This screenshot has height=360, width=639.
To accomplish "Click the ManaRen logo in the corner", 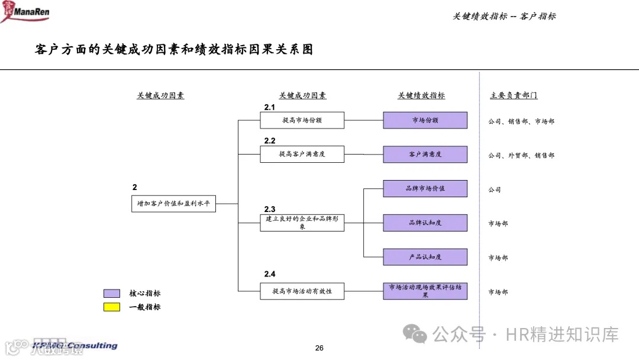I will tap(26, 11).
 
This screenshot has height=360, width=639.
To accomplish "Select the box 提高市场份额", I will tap(302, 120).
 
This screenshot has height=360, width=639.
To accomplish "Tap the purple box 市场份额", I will tap(425, 120).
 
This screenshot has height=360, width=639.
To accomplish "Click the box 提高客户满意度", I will tap(302, 155).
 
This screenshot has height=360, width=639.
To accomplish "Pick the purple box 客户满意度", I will tap(425, 155).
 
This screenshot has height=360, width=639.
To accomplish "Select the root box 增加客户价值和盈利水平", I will tap(173, 204).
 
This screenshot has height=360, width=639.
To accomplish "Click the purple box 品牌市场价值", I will tap(425, 189).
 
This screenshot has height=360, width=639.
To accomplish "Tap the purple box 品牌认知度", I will tap(425, 223).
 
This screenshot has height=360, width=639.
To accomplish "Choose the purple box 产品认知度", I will tap(425, 257).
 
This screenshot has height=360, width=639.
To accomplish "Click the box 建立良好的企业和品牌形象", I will tap(302, 223).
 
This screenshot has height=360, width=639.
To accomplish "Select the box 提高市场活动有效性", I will tap(302, 291).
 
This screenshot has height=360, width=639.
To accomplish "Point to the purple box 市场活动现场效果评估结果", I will tap(425, 291).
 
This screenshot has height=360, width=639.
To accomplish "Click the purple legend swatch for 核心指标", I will tap(112, 294).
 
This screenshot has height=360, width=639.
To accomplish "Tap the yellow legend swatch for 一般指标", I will tap(112, 307).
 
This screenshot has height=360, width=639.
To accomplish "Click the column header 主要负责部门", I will tap(514, 95).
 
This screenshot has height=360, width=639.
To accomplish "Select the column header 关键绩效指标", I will tap(421, 95).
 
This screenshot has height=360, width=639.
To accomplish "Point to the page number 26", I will tap(319, 348).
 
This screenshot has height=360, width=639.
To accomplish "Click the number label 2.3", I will tap(270, 210).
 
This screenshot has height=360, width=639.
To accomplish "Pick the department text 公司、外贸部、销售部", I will tap(521, 156).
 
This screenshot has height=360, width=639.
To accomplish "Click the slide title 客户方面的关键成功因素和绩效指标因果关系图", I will tap(174, 50).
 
